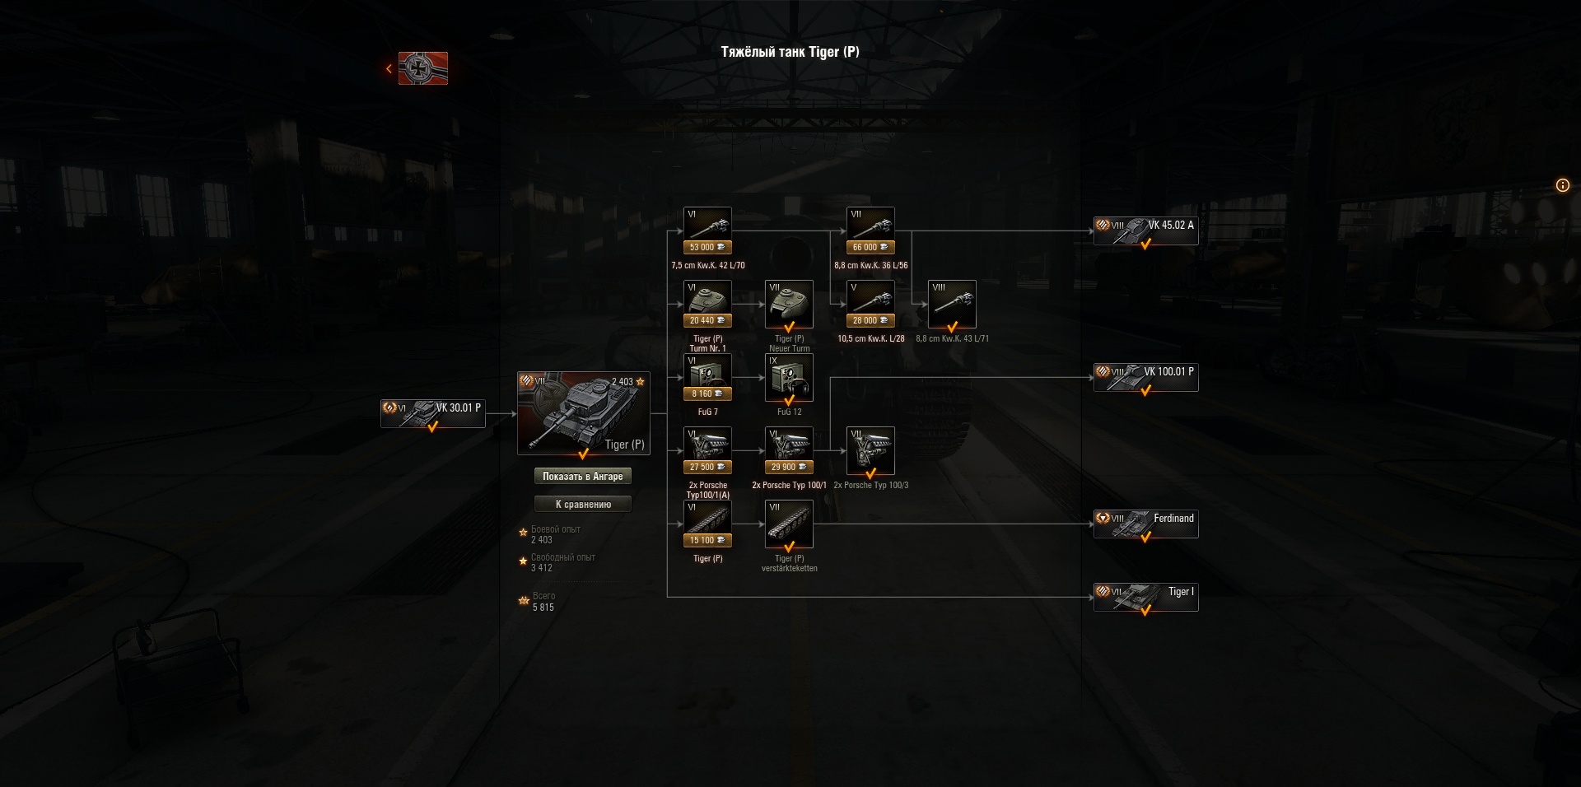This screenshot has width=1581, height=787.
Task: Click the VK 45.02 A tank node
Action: coord(1145,231)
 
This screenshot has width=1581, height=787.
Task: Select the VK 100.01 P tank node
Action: coord(1145,377)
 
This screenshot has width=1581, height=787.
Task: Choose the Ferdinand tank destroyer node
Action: coord(1145,524)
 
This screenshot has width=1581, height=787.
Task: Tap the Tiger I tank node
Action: coord(1145,597)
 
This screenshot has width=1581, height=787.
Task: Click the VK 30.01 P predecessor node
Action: coord(432,413)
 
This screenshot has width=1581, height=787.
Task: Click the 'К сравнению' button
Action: coord(583,504)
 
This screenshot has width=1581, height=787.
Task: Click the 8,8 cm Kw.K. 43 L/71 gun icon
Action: coord(952,304)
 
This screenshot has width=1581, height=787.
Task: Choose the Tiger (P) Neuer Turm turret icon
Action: coord(789,304)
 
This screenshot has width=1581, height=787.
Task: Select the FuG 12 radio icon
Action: coord(789,377)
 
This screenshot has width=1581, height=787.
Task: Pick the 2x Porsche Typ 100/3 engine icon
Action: coord(870,450)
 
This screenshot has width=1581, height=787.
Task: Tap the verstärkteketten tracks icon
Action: coord(789,524)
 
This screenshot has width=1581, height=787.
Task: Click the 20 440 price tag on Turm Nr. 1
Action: coord(707,320)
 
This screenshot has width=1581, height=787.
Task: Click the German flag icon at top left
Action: coord(423,68)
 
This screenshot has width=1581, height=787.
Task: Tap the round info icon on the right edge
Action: coord(1562,185)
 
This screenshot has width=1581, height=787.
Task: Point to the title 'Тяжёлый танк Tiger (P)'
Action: coord(790,52)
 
